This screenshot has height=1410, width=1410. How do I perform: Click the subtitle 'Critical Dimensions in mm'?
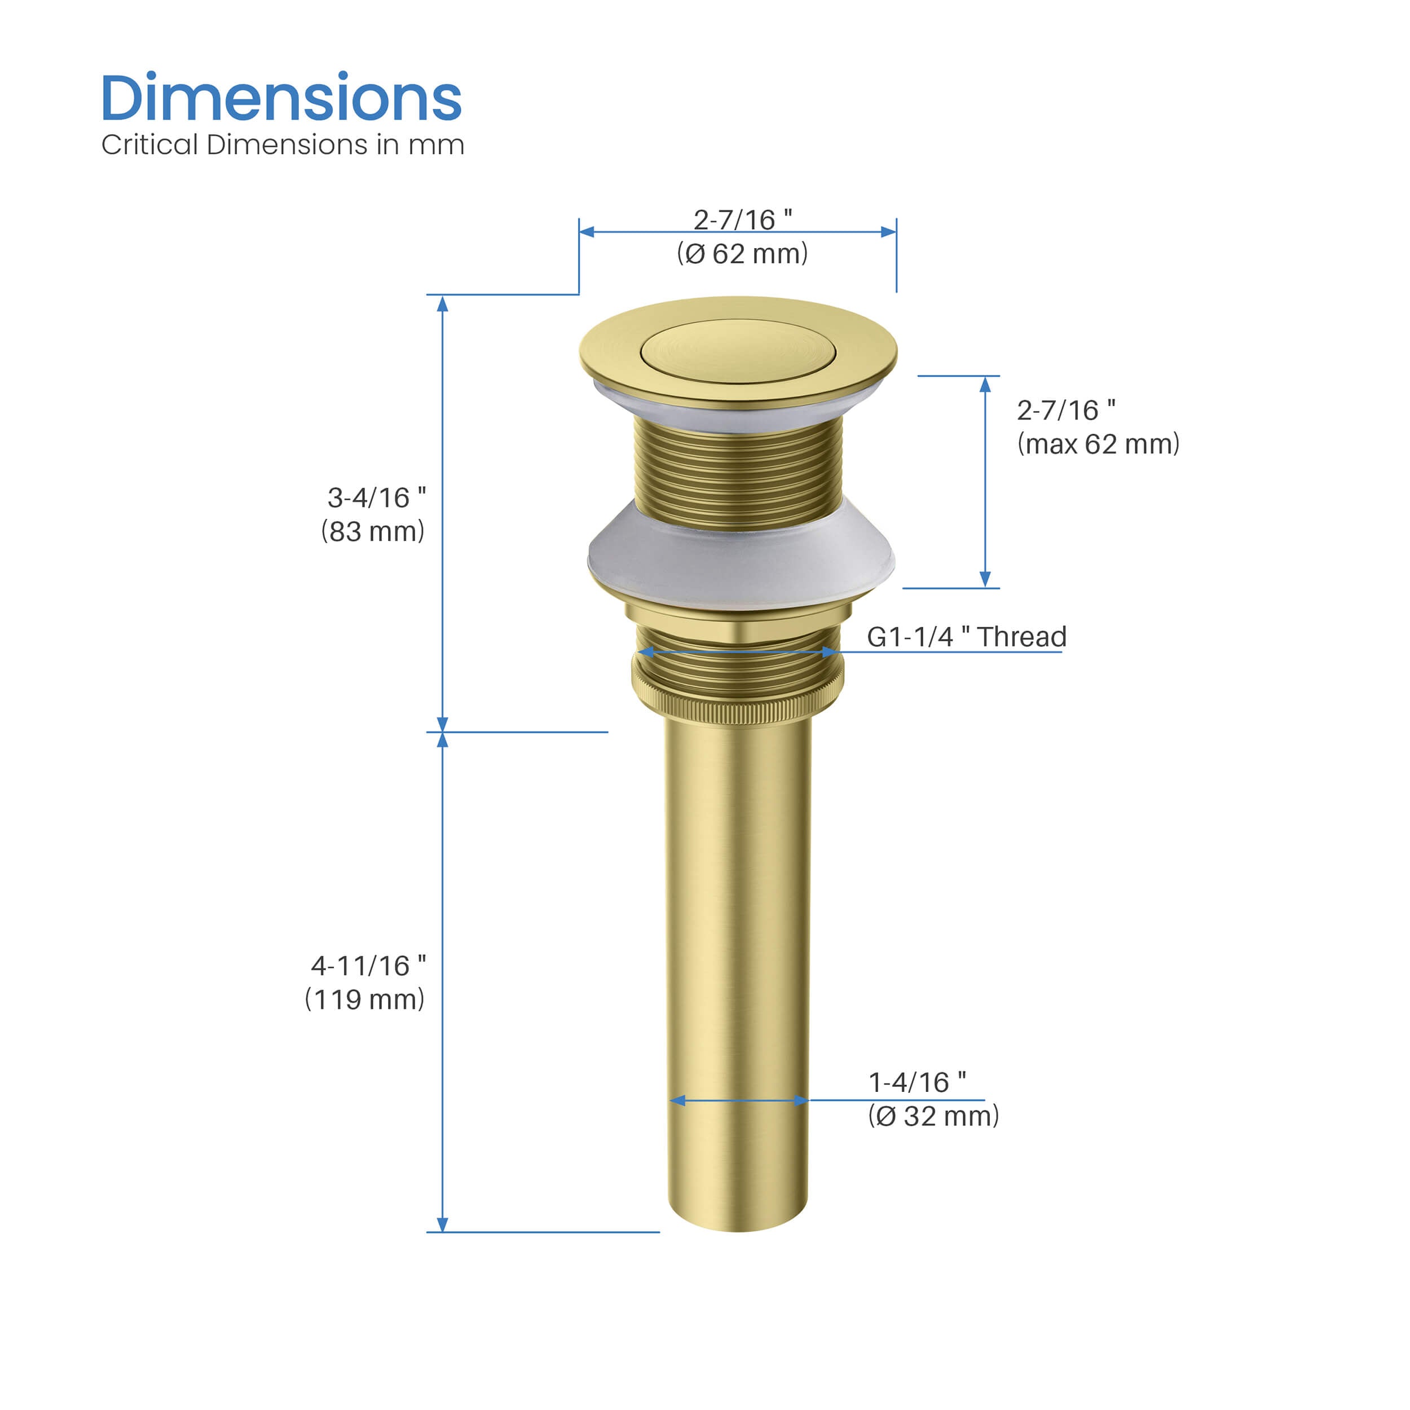[x=283, y=144]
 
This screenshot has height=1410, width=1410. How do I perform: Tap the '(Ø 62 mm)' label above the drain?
[x=742, y=253]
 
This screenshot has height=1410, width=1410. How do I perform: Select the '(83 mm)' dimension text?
[x=372, y=531]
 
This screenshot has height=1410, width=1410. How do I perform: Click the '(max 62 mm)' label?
[x=1098, y=444]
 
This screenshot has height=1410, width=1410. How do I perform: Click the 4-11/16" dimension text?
[x=368, y=965]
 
